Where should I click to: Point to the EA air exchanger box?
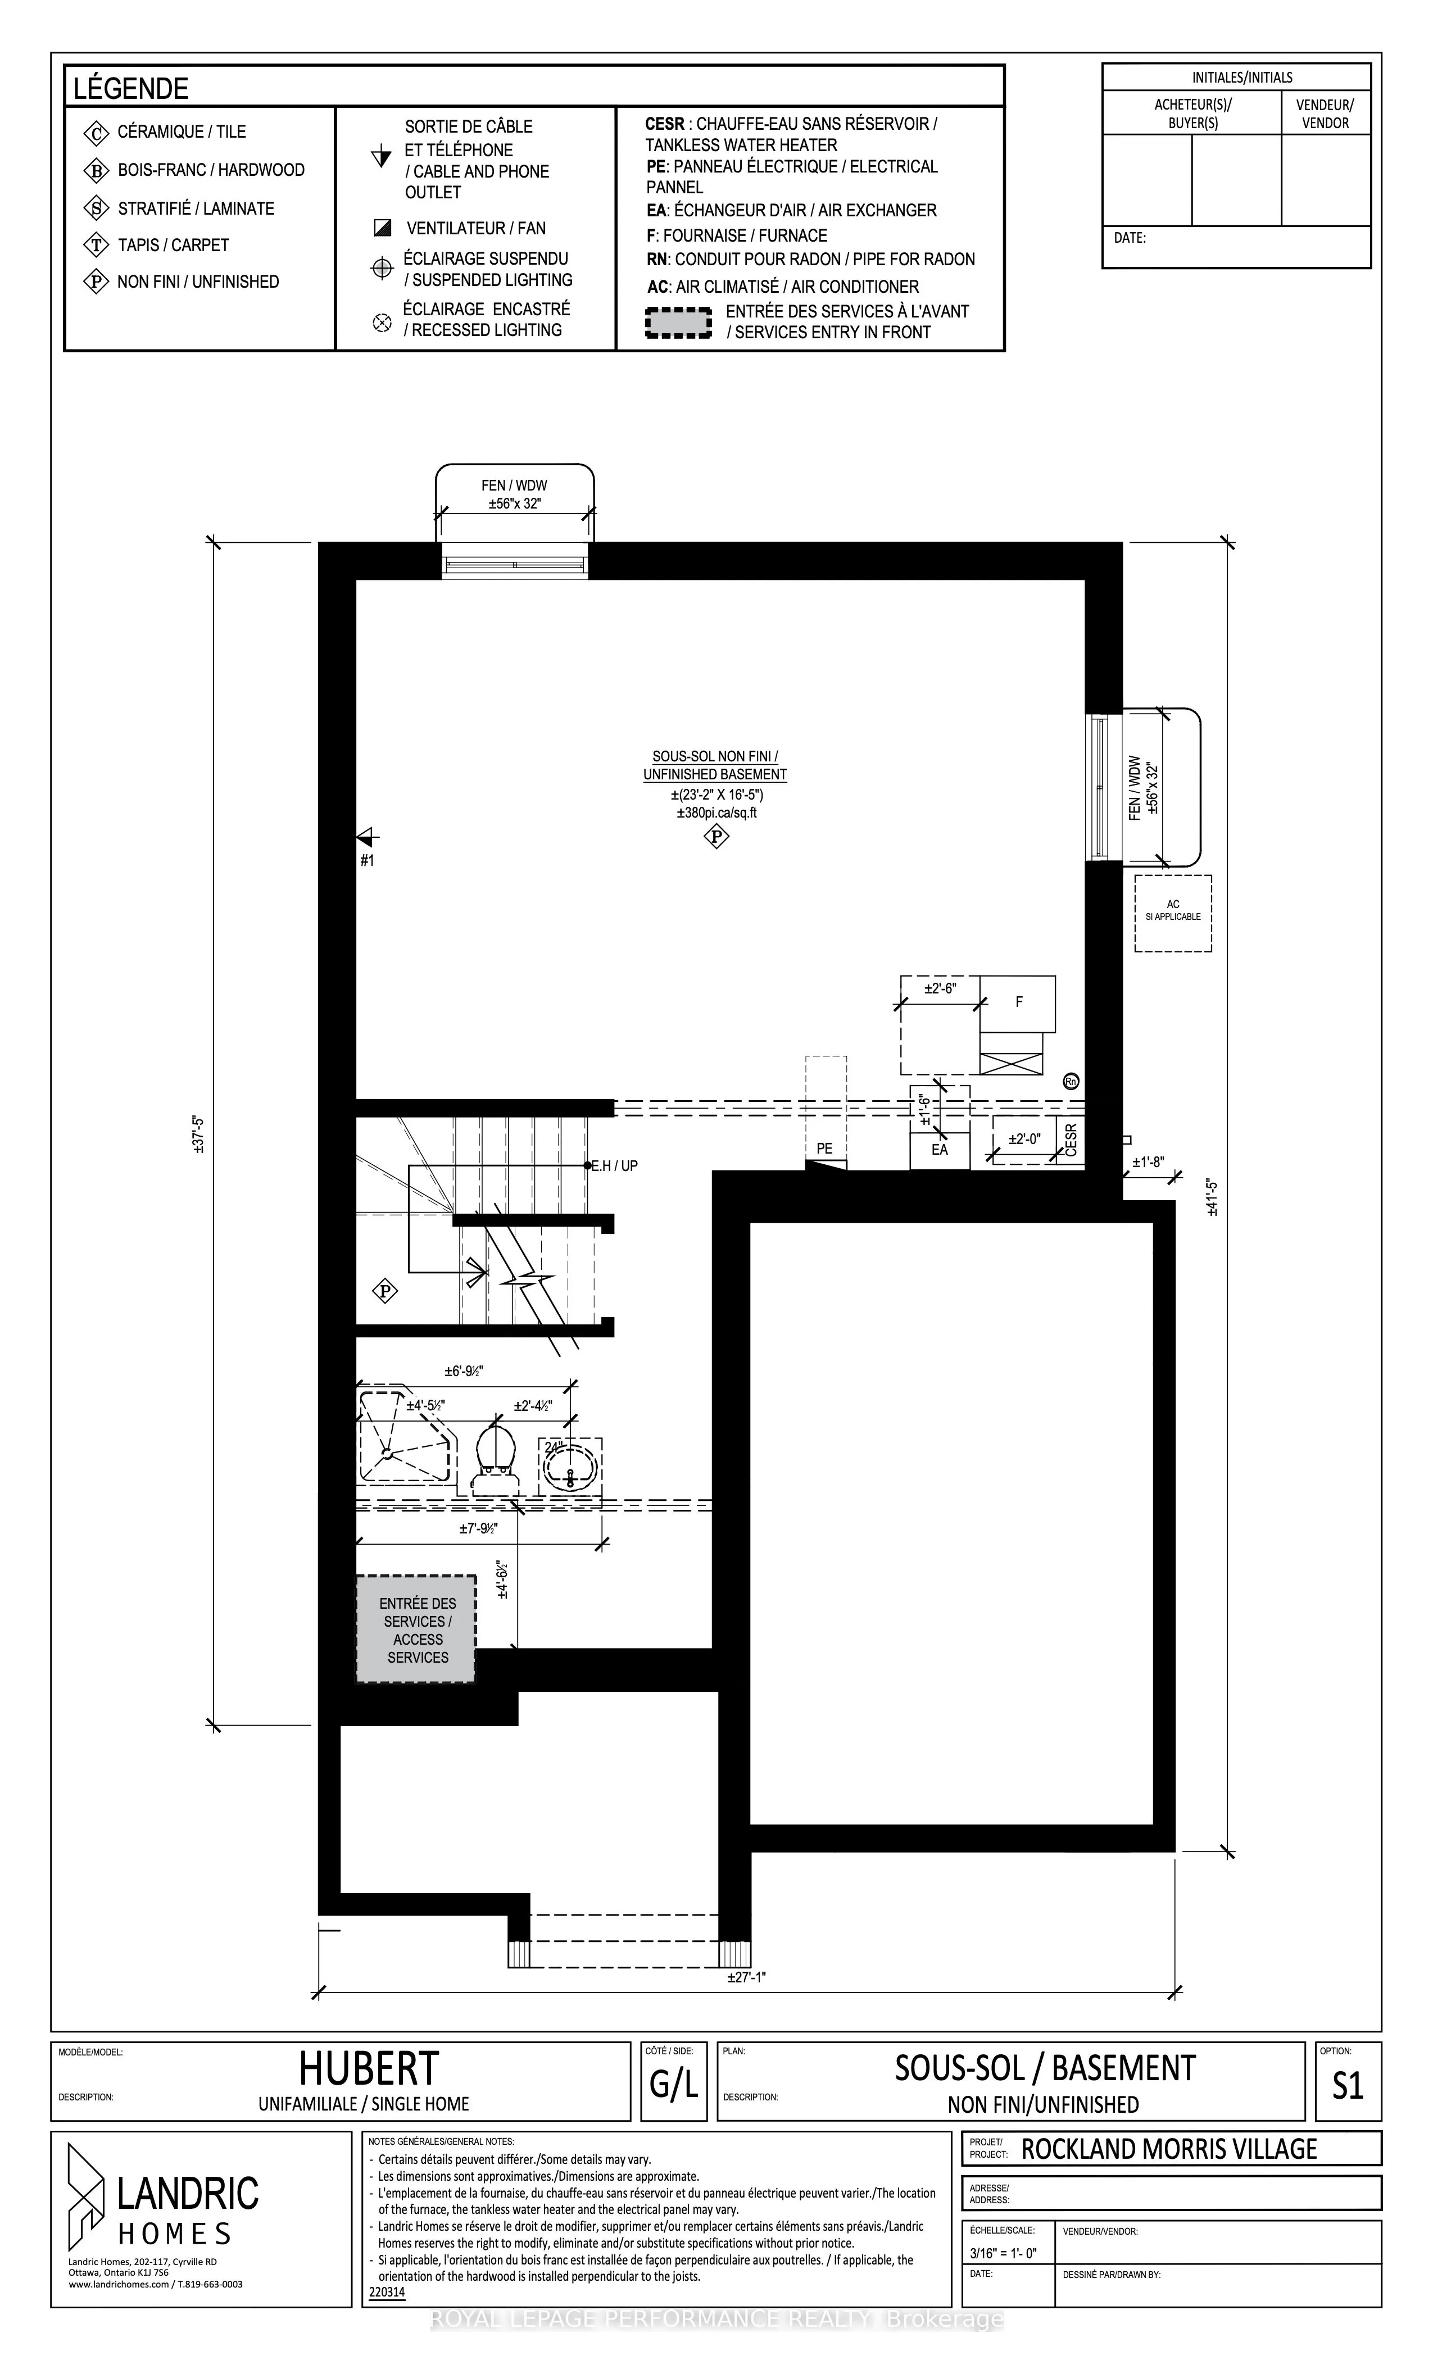tap(940, 1149)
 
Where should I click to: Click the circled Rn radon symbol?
tap(1071, 1081)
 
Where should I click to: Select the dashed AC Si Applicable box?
tap(1172, 913)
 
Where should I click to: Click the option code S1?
tap(1348, 2085)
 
